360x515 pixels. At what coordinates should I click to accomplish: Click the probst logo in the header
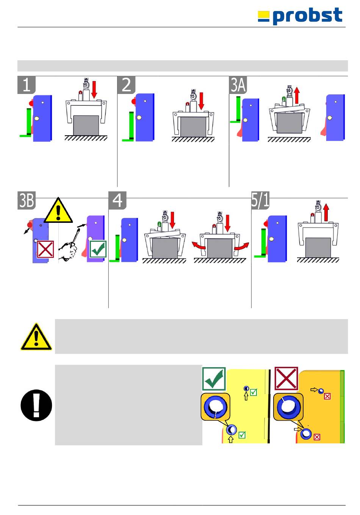pos(300,16)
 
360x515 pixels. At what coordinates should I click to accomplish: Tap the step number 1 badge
pos(27,85)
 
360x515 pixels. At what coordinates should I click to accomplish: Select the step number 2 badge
pos(126,85)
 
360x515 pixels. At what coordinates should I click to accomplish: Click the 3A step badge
pos(238,85)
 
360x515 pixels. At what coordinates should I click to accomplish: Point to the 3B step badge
pos(27,200)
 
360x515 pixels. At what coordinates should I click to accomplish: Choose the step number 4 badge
pos(117,200)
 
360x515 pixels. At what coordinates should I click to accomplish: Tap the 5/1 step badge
pos(260,200)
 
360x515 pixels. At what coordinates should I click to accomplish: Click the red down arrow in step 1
pos(94,89)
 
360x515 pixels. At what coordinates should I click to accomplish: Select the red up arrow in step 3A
pos(297,95)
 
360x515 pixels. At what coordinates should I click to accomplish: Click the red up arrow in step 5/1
pos(326,213)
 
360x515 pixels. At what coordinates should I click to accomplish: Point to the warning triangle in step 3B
pos(58,211)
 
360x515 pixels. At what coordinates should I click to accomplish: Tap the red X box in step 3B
pos(45,249)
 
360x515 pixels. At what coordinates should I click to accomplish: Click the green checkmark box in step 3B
pos(98,249)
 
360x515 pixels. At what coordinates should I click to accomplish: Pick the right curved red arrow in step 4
pos(242,247)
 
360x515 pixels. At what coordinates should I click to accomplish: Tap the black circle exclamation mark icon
pos(36,405)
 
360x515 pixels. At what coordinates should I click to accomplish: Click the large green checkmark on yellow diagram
pos(214,379)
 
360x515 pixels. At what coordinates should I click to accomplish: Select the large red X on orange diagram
pos(286,378)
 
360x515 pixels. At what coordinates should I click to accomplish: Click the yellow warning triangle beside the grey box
pos(36,337)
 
